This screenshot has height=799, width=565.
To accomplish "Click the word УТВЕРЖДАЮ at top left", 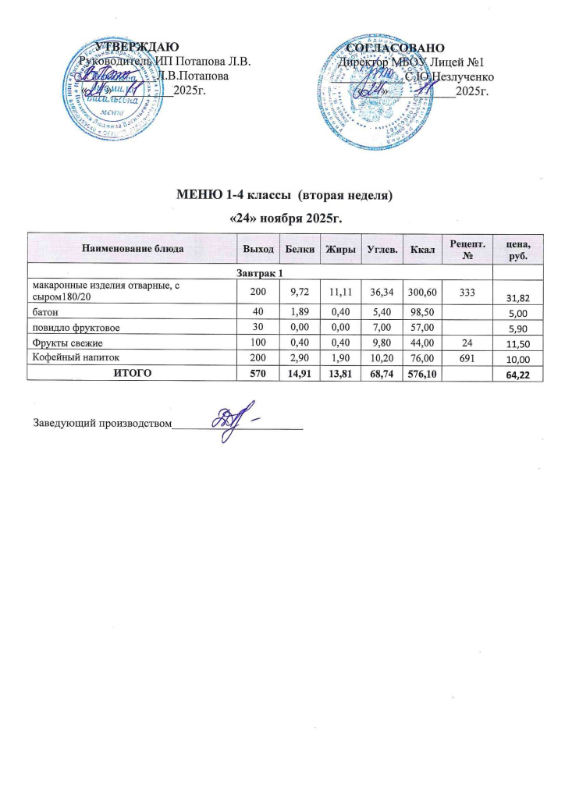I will (x=138, y=48).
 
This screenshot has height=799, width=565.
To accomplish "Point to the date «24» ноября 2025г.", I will (x=288, y=214).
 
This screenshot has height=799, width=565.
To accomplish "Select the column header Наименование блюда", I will (x=133, y=248).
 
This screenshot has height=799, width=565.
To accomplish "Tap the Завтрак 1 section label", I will (x=261, y=271).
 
